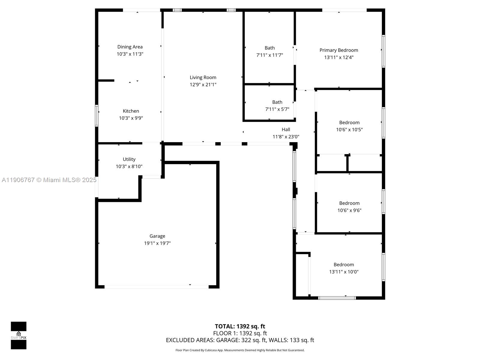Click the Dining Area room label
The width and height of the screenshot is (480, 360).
130,47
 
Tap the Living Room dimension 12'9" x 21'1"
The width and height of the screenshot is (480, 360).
203,85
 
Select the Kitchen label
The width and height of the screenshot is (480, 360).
131,111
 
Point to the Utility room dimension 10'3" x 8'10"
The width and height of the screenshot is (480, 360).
129,166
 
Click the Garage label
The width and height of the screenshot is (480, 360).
157,236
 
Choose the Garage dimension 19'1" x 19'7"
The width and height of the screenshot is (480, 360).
157,243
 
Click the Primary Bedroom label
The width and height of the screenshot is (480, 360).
339,50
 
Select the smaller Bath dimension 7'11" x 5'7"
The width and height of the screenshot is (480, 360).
277,109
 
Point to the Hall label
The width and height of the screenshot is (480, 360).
286,130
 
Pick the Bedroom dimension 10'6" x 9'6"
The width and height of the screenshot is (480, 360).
349,210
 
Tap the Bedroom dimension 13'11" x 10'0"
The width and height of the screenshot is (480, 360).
343,272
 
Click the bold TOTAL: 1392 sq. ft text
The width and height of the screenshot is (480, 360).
240,326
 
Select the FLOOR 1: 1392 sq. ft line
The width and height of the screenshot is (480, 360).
240,333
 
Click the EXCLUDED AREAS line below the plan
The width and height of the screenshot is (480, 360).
240,340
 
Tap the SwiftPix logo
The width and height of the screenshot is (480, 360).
19,335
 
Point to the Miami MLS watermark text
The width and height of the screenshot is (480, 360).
49,180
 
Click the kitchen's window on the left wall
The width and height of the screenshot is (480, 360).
97,115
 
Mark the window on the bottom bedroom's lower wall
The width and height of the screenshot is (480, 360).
337,298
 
